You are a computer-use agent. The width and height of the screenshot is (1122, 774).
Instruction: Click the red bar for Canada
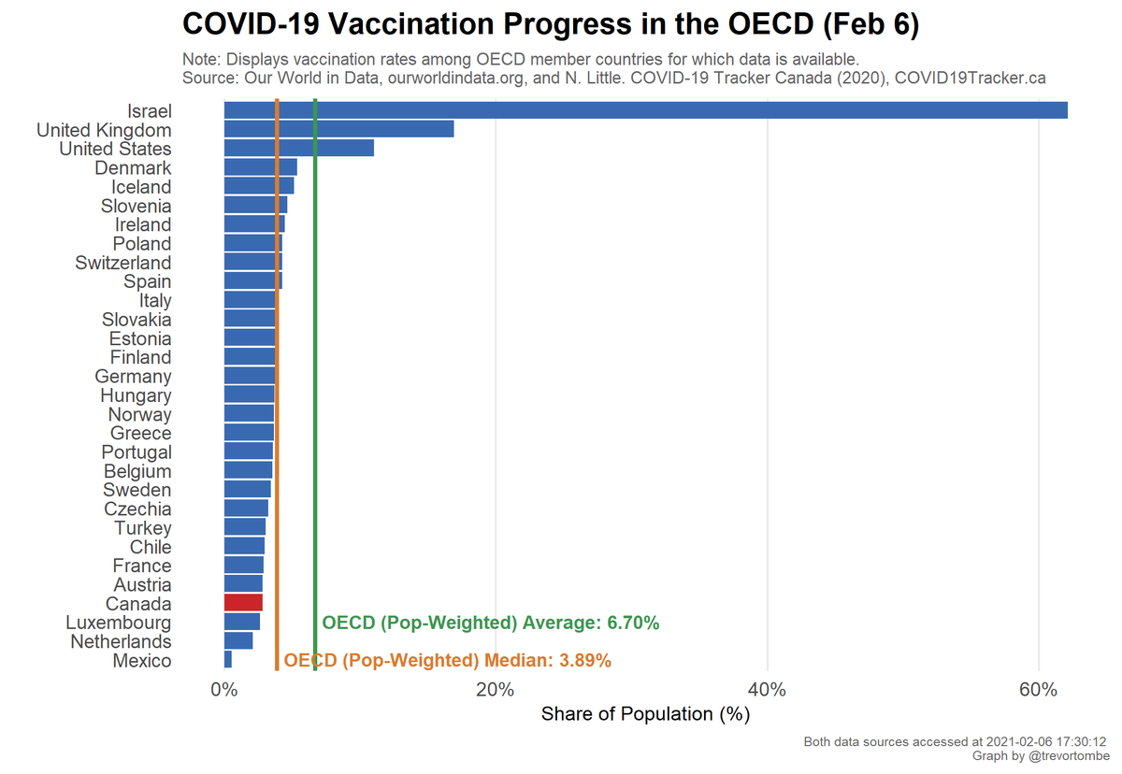point(243,603)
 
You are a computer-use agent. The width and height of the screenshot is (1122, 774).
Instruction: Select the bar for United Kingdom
point(338,129)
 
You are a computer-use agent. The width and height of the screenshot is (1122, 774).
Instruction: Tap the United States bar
point(298,148)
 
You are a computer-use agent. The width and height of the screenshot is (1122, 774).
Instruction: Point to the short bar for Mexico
point(228,660)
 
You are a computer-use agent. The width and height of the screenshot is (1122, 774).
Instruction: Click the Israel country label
point(150,110)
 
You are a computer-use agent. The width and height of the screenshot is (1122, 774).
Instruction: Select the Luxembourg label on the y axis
point(119,623)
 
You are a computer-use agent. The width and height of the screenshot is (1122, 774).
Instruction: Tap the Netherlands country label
point(121,641)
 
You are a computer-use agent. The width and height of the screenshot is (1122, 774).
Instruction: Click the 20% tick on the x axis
point(495,690)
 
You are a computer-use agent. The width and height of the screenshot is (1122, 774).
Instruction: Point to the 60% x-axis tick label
point(1038,690)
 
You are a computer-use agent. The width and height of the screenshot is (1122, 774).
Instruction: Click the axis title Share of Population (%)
point(645,714)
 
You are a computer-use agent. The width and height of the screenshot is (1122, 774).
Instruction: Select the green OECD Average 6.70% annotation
point(491,623)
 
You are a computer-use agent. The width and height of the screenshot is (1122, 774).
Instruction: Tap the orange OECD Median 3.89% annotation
point(447,661)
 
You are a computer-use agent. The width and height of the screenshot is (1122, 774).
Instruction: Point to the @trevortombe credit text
point(1065,755)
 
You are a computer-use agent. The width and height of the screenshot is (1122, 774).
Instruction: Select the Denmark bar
point(260,167)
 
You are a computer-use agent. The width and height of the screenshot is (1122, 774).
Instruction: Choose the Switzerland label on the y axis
point(123,263)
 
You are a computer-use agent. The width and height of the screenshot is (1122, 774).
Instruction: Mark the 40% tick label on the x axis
point(767,690)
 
